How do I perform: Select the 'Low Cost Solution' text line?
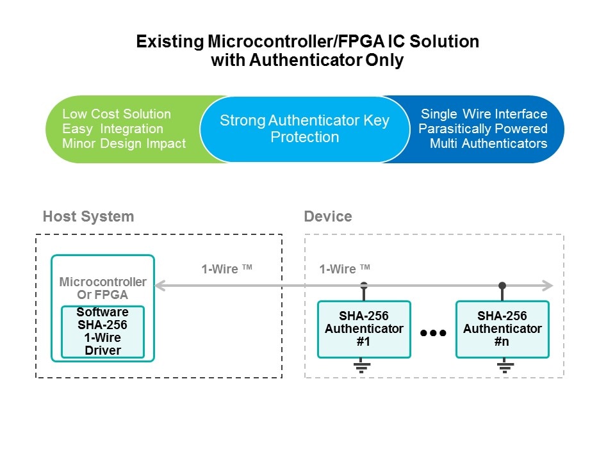point(117,114)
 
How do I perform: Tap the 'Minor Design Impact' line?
point(124,143)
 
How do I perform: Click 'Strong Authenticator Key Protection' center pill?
point(304,129)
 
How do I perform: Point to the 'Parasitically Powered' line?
point(483,129)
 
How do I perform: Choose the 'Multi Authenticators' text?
point(489,143)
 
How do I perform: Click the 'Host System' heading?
point(88,216)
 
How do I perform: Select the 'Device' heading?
point(328,216)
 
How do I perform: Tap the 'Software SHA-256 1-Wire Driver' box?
point(102,332)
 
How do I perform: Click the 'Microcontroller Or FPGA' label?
point(102,288)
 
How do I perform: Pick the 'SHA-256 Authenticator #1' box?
point(364,329)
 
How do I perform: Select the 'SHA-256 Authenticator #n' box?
point(502,329)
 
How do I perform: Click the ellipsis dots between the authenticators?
point(433,333)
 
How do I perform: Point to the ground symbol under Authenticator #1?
point(362,367)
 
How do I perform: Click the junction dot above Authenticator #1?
point(364,285)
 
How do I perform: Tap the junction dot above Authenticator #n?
point(502,285)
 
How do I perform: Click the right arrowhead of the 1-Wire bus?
point(548,285)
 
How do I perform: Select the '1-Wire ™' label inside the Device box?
point(345,270)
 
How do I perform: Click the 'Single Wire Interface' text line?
point(484,114)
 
